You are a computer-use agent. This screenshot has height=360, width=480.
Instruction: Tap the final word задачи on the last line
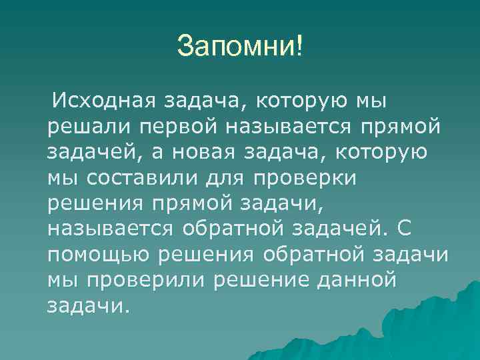tap(85, 305)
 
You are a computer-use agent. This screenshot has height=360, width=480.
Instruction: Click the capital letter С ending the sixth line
tap(405, 229)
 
